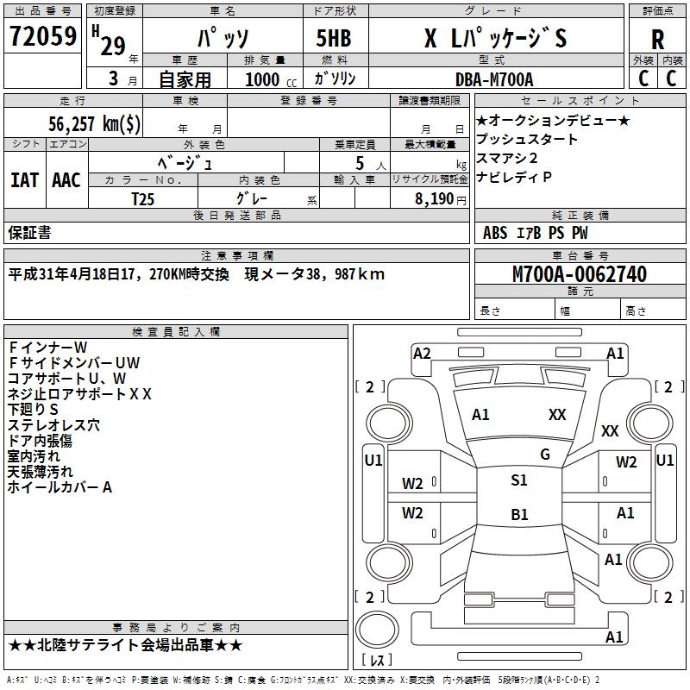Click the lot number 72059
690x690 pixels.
point(43,36)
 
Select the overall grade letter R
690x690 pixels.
point(657,40)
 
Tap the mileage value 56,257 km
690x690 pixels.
point(94,123)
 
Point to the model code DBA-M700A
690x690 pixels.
point(494,79)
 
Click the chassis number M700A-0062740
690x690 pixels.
point(580,274)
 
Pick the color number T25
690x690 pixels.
point(143,199)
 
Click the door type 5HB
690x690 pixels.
point(334,38)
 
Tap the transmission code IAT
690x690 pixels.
point(25,180)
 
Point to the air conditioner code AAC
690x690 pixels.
point(66,180)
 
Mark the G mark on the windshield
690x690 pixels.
point(545,455)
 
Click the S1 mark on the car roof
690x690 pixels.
point(519,480)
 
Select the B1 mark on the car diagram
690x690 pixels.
point(519,514)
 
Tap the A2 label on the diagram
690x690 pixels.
point(422,354)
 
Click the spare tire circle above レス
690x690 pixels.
point(377,629)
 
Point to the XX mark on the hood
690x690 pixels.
point(557,415)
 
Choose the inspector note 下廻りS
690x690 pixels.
point(33,410)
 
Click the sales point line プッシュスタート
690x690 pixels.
point(526,139)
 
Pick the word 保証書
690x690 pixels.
point(29,233)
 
